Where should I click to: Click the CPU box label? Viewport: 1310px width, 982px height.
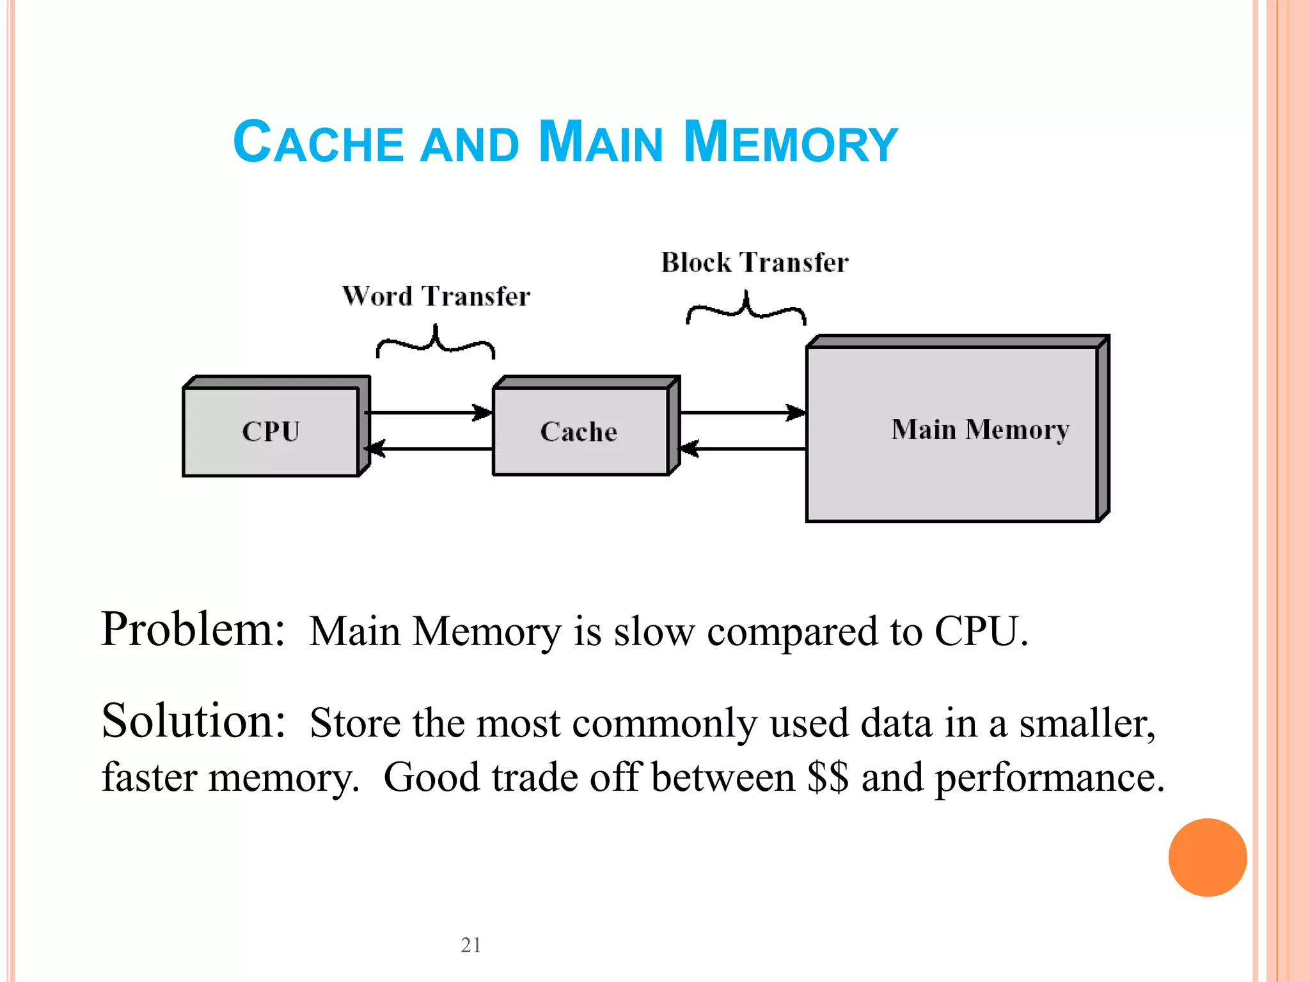coord(271,432)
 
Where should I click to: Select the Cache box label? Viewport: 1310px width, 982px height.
coord(579,432)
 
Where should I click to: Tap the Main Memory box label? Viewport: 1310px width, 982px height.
coord(980,430)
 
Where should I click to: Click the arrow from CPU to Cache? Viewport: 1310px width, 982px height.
coord(429,413)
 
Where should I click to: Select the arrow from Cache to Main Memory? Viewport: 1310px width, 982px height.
coord(742,413)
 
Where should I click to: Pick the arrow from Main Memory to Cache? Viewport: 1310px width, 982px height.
coord(742,449)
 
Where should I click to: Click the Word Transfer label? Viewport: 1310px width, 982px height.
coord(436,297)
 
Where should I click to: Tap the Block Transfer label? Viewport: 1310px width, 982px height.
coord(755,263)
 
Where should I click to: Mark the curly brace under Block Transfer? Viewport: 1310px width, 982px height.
coord(746,308)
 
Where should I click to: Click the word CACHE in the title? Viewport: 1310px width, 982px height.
coord(318,142)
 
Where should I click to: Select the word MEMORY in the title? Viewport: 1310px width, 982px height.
coord(791,142)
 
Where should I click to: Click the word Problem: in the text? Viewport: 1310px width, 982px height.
coord(193,630)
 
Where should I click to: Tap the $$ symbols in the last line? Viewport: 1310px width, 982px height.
coord(828,777)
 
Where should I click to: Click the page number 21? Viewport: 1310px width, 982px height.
coord(471,945)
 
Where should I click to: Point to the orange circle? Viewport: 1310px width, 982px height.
coord(1207,857)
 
